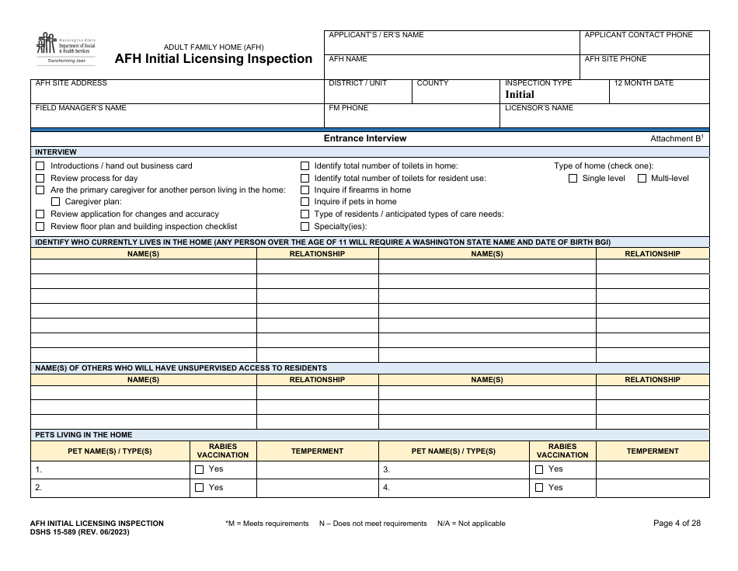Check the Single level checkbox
pos(573,179)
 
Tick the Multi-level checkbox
pos(642,179)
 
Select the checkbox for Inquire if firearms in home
pos(305,190)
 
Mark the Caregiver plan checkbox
pos(55,202)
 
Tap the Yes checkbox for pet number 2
pos(199,488)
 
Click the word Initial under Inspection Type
pos(520,94)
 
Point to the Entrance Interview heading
pos(365,139)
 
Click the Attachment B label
pos(676,139)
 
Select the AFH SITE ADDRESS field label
pos(71,83)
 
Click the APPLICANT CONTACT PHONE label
pos(638,35)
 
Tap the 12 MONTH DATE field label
pos(643,83)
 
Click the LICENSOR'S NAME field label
pos(538,108)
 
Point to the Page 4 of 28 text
pos(677,524)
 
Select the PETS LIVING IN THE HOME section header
pos(83,435)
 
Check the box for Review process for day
pos(40,179)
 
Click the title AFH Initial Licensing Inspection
pos(214,59)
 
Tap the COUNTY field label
pos(433,83)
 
